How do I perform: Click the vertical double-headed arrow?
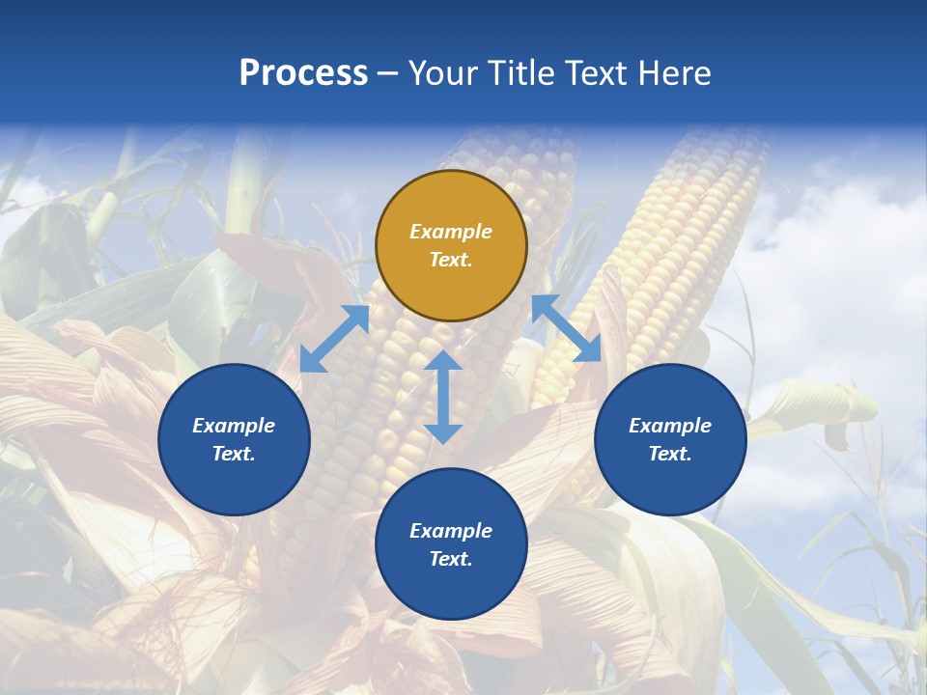point(443,397)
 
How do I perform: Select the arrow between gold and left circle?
point(334,339)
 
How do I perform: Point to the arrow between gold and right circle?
point(566,328)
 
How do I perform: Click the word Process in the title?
point(303,73)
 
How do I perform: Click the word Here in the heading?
point(676,73)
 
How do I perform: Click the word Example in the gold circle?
point(451,232)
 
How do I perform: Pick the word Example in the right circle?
point(670,426)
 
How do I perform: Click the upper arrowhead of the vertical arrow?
point(443,361)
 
